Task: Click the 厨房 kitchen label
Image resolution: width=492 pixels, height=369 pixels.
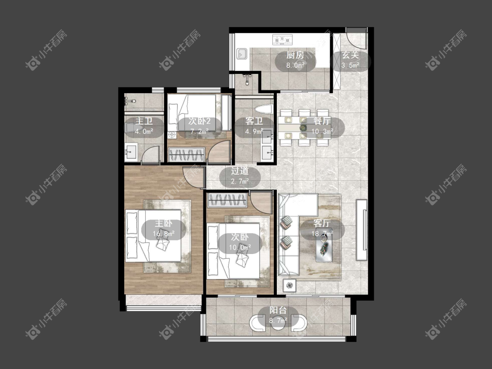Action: pos(295,55)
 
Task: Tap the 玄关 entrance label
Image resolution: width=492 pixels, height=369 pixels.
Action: pos(350,55)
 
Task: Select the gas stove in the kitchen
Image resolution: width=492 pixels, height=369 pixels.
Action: pos(282,39)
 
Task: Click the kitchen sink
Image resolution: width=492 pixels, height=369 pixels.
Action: pos(242,54)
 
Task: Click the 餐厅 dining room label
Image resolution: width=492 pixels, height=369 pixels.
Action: pos(322,121)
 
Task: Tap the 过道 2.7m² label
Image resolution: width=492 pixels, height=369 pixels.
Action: pos(240,176)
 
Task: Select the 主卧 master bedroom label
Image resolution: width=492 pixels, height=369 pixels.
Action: pos(164,223)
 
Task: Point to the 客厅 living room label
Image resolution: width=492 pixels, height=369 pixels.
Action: pos(322,223)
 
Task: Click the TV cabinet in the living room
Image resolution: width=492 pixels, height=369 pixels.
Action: pos(362,230)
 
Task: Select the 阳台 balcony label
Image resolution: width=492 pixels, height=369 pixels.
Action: pos(278,310)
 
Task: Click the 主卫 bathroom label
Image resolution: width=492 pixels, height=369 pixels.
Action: pos(144,121)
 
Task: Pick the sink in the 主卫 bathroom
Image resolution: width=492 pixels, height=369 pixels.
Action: pos(131,152)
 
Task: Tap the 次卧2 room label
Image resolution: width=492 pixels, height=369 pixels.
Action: pos(199,121)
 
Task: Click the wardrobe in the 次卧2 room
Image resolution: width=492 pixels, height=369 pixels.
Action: pos(187,154)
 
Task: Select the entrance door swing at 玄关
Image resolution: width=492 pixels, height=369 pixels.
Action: pos(356,38)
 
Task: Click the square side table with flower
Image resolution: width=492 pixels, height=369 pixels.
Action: pos(290,285)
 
